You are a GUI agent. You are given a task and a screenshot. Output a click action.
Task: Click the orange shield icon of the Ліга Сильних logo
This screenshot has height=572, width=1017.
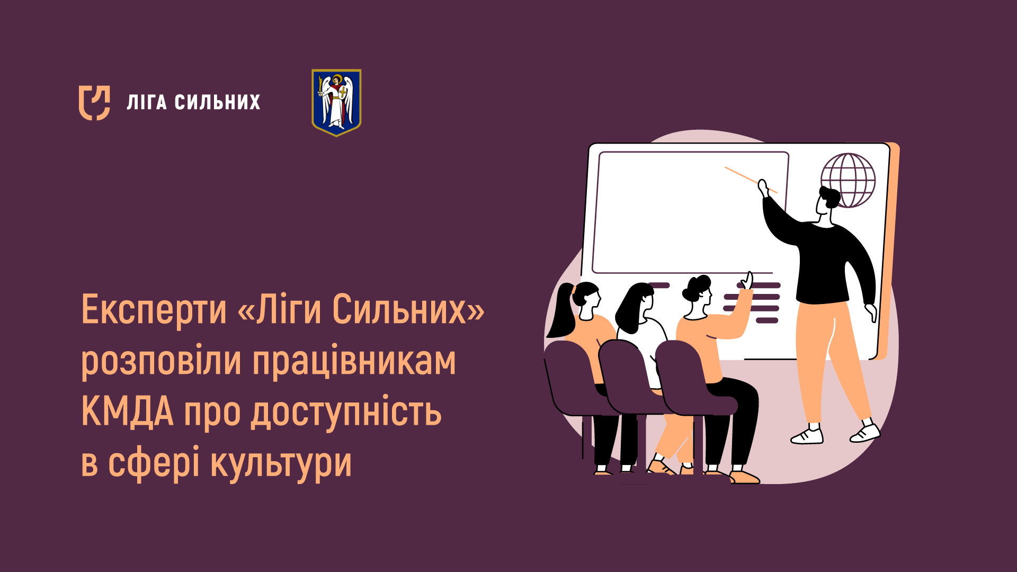pos(94,103)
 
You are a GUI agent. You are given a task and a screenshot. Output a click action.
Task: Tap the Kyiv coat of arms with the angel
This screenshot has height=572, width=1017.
pos(336,103)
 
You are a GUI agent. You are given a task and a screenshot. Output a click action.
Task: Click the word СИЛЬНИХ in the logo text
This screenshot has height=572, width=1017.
pos(218,102)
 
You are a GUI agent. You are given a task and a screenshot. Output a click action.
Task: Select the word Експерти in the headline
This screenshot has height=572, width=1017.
pos(154,310)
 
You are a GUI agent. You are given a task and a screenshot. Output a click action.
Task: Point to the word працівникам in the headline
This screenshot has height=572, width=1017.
pos(354,362)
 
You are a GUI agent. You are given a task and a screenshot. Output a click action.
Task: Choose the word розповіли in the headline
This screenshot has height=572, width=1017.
pos(161,362)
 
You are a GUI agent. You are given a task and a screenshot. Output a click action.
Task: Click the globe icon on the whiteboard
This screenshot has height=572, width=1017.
pos(848,180)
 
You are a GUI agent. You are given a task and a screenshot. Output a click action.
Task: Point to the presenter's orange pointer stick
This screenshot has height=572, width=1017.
pos(751,180)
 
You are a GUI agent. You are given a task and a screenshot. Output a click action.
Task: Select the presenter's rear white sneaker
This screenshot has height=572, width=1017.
pos(807,435)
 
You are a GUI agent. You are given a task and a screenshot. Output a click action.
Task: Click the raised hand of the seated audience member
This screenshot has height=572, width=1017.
pos(747,281)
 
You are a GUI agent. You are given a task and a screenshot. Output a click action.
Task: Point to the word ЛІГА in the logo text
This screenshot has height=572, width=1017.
pos(147,102)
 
